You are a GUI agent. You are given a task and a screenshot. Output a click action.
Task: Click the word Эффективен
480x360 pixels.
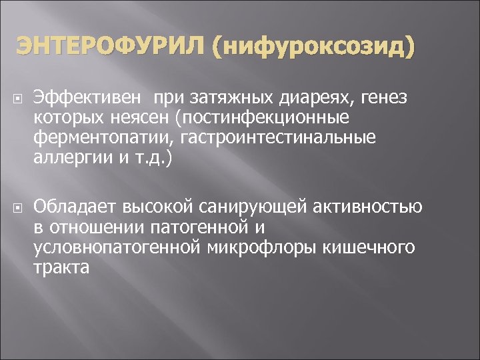click(87, 99)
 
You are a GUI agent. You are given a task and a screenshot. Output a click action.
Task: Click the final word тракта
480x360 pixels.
click(60, 267)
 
